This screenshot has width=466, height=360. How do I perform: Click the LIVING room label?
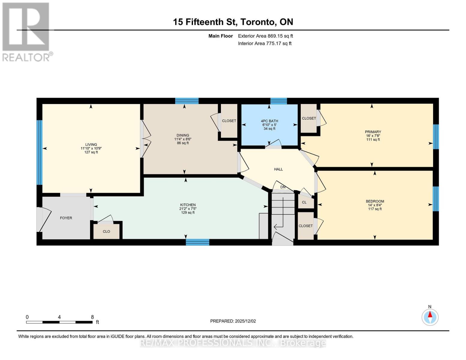(91, 144)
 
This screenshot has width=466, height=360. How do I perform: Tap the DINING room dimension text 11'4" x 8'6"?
(183, 139)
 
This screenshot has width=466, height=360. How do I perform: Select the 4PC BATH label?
(269, 121)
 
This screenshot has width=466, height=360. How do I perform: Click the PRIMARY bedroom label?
(373, 132)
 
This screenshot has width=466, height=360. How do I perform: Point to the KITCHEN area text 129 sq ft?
(188, 213)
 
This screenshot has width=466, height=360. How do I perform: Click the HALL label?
(278, 169)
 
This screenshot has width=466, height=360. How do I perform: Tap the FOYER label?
(66, 218)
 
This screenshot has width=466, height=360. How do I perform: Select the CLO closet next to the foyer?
(106, 232)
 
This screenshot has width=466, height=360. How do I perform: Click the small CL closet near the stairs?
(304, 202)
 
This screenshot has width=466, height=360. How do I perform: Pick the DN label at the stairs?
(283, 187)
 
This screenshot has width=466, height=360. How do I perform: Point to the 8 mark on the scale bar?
(92, 317)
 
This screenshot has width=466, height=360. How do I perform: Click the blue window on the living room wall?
(39, 152)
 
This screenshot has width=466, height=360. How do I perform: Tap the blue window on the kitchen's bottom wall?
(197, 242)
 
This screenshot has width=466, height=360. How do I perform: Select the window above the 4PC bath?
(278, 101)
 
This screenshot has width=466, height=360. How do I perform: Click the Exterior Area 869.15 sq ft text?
(265, 36)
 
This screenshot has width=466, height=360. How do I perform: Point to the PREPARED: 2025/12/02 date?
(233, 321)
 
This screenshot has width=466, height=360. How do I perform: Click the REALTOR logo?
(26, 31)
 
